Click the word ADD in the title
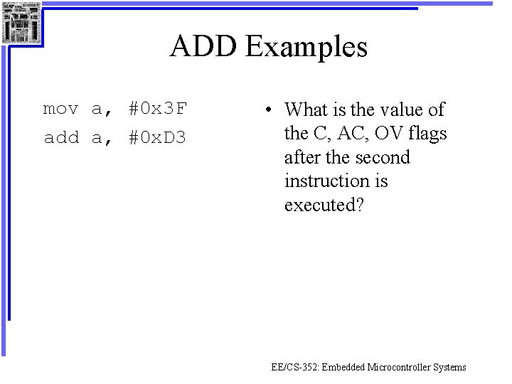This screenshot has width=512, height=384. [x=204, y=47]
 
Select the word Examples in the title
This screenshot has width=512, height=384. [x=306, y=48]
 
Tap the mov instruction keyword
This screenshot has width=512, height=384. [x=60, y=109]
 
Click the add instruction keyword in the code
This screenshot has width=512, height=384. [x=60, y=137]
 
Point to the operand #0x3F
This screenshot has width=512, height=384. [x=157, y=109]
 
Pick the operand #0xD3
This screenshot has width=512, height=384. [x=157, y=137]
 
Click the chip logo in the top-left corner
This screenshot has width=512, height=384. [x=21, y=22]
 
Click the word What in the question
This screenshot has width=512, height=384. [x=309, y=110]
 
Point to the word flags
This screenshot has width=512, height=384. [x=427, y=133]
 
